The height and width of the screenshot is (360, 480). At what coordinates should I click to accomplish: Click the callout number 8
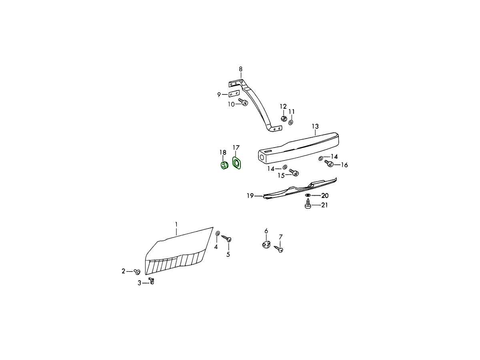coord(240,69)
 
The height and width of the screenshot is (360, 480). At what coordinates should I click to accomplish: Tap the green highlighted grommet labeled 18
coord(224,165)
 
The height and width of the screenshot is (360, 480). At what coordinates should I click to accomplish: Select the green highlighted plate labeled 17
coord(237,163)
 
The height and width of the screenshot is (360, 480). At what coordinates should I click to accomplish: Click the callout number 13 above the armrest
coord(315,126)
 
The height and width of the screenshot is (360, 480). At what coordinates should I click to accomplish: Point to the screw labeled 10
coord(243,102)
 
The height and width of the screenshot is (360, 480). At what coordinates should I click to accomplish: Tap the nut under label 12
coord(284,119)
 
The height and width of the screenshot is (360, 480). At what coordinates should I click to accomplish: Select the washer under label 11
coord(291,122)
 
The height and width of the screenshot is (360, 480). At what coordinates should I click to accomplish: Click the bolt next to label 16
coord(329,163)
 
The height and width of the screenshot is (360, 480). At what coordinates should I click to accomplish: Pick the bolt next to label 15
coord(294,172)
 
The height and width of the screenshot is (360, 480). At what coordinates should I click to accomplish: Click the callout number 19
coord(250,196)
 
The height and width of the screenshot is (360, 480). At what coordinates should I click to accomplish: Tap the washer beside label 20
coord(308,195)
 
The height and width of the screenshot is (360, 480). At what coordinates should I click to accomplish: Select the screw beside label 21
coord(308,204)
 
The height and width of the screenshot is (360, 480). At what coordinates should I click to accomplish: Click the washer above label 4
coord(218,233)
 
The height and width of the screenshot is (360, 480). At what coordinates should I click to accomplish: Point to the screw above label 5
coord(226,238)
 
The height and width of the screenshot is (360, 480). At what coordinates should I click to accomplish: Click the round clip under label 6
coord(266,244)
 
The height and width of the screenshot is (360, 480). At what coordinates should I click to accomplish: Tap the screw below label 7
coord(278,249)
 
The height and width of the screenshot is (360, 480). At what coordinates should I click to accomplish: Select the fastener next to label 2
coord(137,272)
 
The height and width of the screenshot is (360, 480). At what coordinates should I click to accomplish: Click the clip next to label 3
coord(151,280)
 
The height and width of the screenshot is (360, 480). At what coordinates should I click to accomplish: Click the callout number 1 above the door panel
coord(176,224)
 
